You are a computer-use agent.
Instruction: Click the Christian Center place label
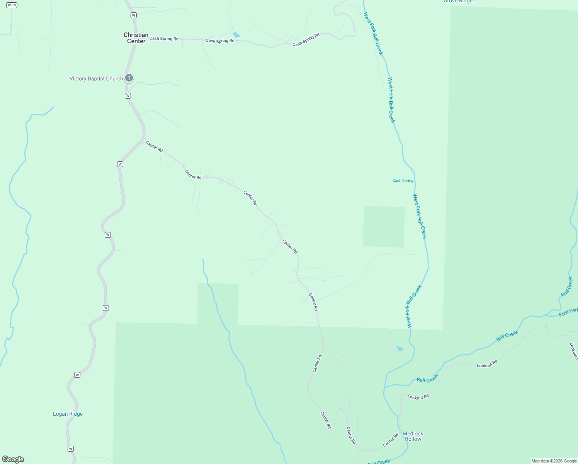pos(136,38)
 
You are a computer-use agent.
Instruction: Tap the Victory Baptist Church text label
pos(96,78)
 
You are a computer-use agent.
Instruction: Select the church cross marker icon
pos(129,78)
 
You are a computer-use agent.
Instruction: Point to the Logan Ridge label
pos(68,414)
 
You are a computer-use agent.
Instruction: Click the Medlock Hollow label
pos(413,436)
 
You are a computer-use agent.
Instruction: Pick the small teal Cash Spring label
pos(403,181)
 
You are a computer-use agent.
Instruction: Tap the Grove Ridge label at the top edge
pos(458,2)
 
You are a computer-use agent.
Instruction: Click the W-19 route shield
pos(12,5)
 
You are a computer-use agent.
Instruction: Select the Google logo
pos(13,459)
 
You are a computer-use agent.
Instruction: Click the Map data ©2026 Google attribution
pos(554,461)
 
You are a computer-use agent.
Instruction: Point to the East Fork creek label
pos(568,312)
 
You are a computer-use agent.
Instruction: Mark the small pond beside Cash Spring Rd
pos(236,35)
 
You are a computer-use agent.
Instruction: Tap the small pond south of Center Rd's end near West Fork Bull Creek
pos(399,348)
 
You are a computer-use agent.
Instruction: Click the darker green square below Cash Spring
pos(384,227)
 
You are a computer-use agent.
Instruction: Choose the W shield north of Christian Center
pos(134,15)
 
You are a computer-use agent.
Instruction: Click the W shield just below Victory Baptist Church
pos(128,96)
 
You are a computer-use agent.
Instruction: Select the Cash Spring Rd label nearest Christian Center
pos(164,38)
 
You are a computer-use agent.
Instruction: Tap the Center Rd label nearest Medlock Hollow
pos(391,440)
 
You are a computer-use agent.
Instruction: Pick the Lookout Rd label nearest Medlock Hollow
pos(418,397)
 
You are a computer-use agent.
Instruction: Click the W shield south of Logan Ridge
pos(70,449)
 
